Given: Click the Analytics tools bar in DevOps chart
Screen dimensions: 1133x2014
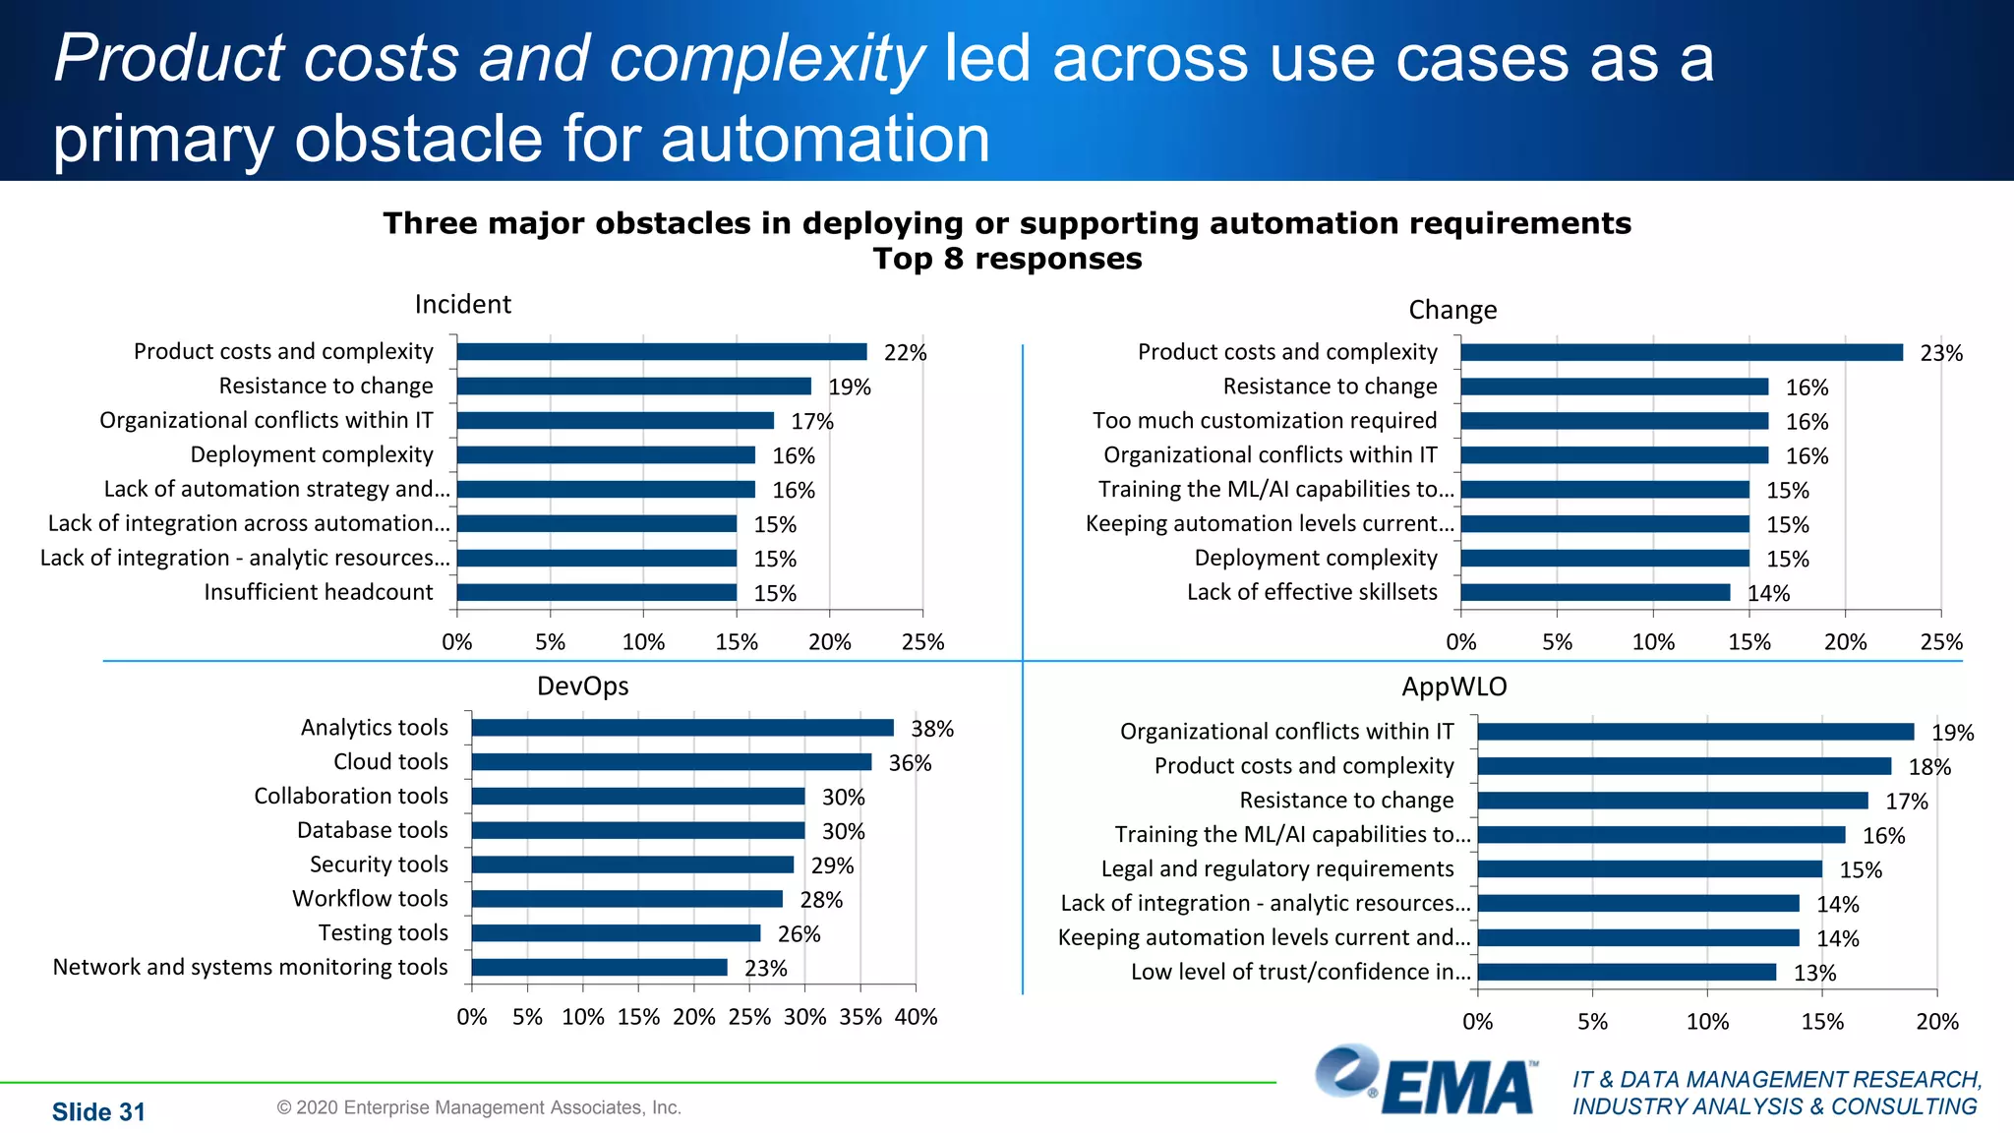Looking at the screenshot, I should tap(682, 728).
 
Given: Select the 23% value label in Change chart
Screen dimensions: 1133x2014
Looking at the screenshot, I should tap(1941, 353).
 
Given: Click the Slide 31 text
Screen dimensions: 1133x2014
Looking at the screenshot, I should tap(98, 1112).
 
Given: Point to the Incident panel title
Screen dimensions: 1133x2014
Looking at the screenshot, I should tap(462, 304).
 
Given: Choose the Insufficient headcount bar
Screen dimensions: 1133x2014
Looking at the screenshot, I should tap(597, 592).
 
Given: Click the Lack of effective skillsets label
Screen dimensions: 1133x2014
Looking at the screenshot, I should tap(1312, 592).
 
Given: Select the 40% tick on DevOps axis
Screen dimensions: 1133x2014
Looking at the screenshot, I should tap(916, 1017).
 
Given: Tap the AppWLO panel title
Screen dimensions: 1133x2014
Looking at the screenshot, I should tap(1453, 686).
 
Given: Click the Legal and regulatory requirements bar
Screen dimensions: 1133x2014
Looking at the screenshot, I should tap(1649, 869).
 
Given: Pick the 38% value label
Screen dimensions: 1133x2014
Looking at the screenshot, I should tap(932, 729).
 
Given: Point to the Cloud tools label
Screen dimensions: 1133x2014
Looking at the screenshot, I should tap(390, 762).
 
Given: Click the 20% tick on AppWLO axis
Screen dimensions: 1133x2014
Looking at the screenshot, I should tap(1936, 1022).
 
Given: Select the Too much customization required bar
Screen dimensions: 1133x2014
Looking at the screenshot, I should tap(1615, 421).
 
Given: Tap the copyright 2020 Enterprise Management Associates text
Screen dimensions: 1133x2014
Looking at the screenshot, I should tap(479, 1107).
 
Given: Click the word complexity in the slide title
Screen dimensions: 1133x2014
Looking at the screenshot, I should tap(767, 59).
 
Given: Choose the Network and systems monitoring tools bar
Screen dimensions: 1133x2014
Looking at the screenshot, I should tap(599, 968).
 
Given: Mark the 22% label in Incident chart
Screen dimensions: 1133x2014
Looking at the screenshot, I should tap(905, 353).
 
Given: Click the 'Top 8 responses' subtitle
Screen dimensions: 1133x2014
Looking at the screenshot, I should tap(1007, 259).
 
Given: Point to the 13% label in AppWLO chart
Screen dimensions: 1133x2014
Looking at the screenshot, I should tap(1814, 973).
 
